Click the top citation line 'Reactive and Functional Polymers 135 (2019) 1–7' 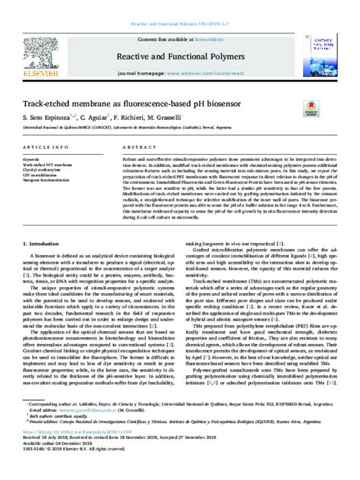(x=179, y=5)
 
